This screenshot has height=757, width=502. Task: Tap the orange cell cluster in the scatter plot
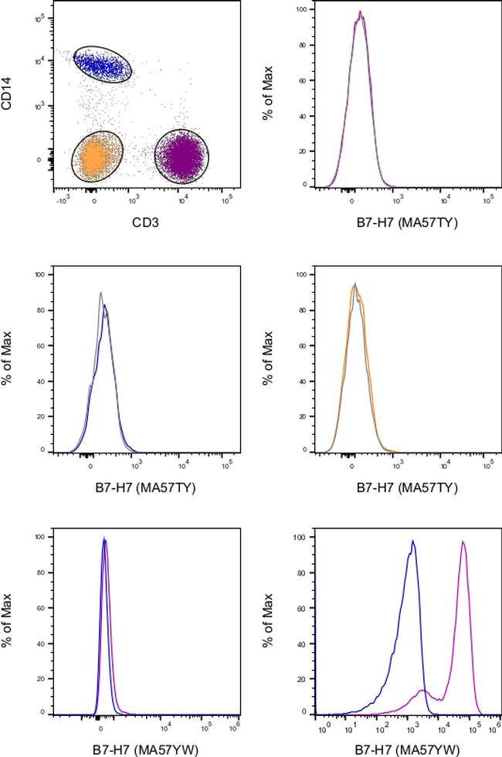[98, 158]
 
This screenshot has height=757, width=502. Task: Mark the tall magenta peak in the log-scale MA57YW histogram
[463, 542]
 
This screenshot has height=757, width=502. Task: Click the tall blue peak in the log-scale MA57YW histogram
[413, 541]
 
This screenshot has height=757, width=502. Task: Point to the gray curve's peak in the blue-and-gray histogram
[101, 293]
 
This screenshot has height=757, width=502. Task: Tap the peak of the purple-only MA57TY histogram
[360, 12]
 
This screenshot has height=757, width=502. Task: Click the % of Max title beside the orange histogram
[268, 363]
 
